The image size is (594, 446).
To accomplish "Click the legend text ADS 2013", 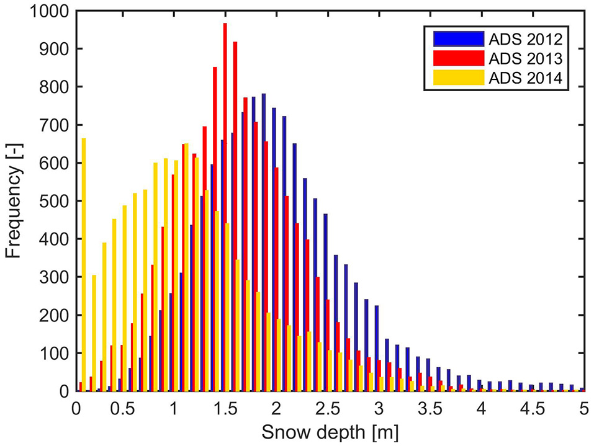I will pyautogui.click(x=525, y=58).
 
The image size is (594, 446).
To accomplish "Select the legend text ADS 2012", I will pyautogui.click(x=525, y=40).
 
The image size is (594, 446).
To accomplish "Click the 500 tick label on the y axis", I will pyautogui.click(x=55, y=201).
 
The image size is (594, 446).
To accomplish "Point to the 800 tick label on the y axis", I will pyautogui.click(x=55, y=87).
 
